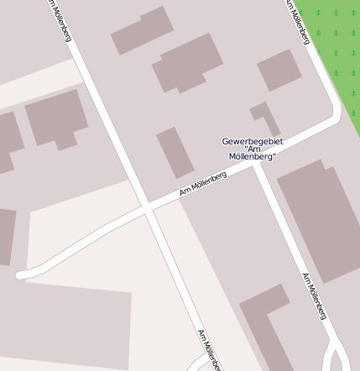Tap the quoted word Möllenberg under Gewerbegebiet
coord(253,157)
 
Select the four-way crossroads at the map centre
coord(148,207)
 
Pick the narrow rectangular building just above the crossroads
coord(175,153)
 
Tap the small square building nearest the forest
coord(279,71)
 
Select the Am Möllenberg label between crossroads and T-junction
coord(203,185)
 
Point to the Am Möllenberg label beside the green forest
coord(297,22)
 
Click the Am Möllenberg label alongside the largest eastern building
coord(314,295)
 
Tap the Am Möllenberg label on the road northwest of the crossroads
coord(60,21)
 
